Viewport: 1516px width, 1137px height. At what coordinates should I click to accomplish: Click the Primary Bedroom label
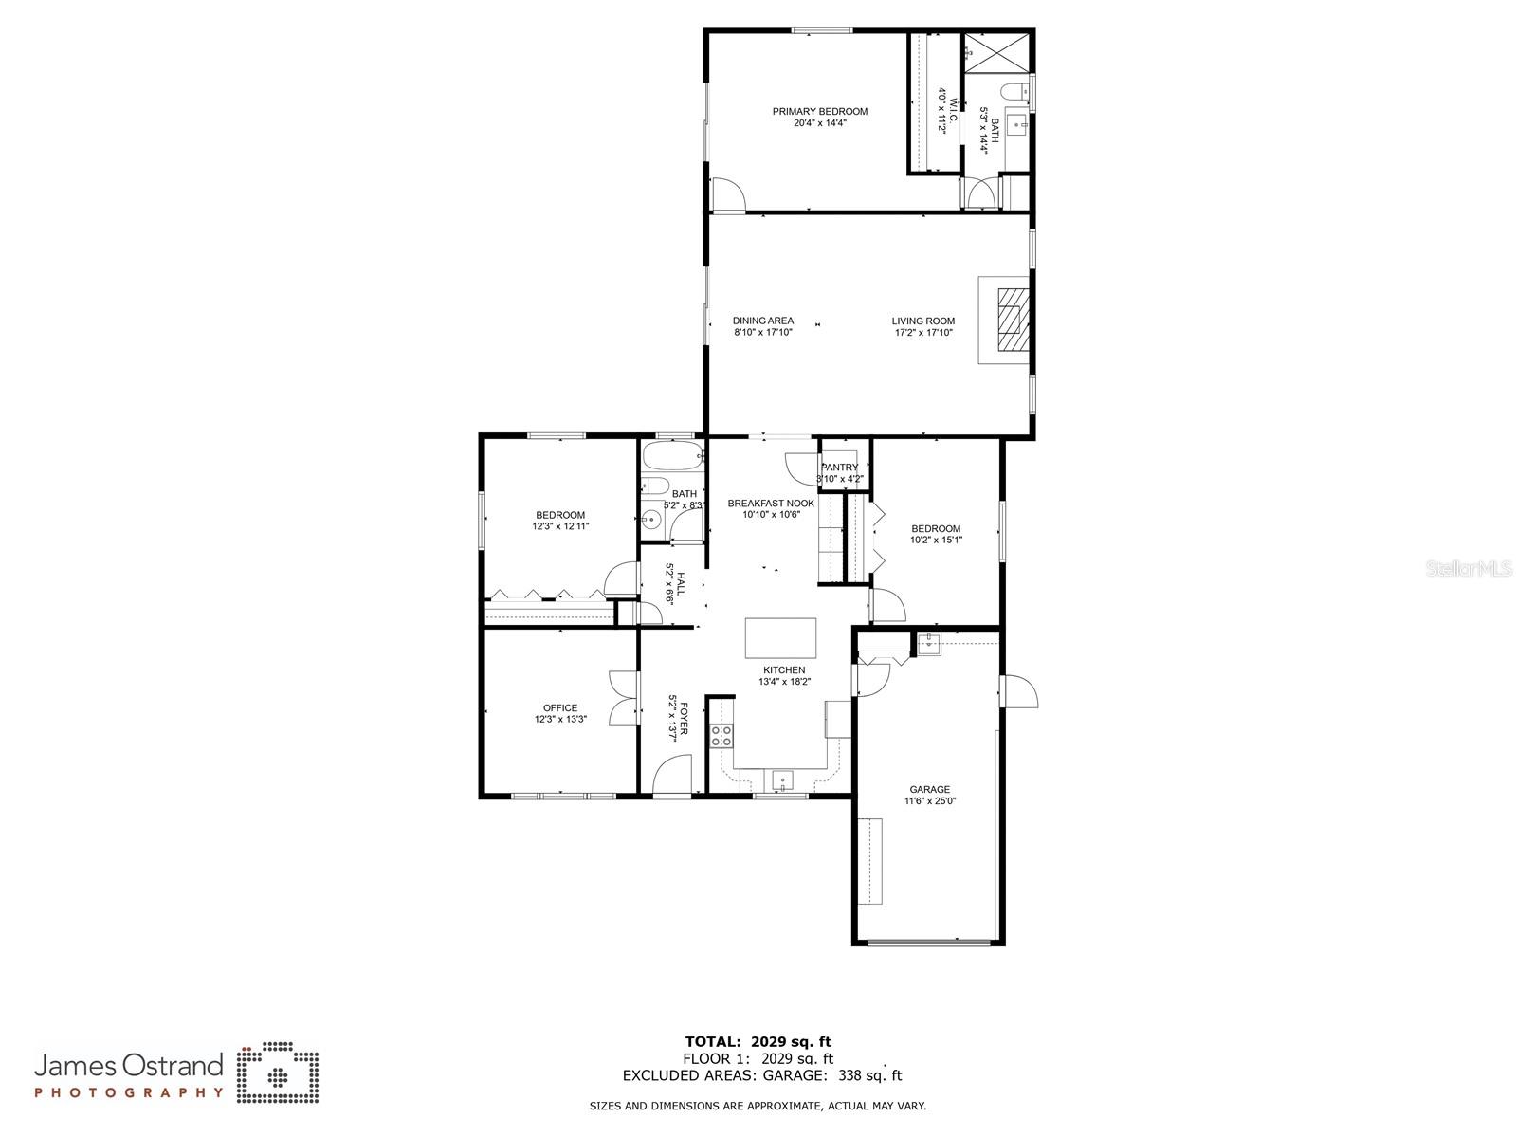(x=819, y=112)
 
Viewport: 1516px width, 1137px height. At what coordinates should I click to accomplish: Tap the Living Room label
(x=922, y=321)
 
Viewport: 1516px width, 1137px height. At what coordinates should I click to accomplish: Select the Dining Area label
(x=762, y=321)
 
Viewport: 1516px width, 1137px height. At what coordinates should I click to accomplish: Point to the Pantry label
(x=839, y=468)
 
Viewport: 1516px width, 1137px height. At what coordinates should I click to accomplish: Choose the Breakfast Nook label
(x=771, y=504)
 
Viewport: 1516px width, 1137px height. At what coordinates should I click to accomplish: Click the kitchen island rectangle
(x=780, y=637)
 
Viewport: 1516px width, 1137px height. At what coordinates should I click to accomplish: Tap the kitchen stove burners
(x=721, y=736)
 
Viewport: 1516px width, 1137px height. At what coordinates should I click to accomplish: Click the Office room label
(x=559, y=708)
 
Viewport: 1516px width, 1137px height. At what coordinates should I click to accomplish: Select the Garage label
(x=929, y=790)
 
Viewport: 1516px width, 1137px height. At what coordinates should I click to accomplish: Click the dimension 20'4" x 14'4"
(x=819, y=123)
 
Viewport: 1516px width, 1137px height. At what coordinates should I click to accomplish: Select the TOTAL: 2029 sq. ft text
(x=758, y=1041)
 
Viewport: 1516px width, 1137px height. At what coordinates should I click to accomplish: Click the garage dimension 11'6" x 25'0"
(x=929, y=801)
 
